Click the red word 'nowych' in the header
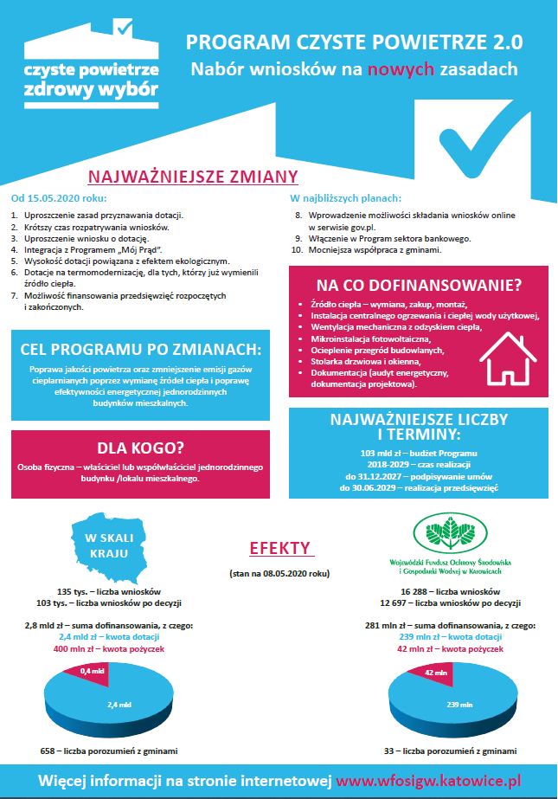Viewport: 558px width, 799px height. pyautogui.click(x=396, y=68)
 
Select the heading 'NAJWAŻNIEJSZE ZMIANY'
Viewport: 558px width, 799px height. pyautogui.click(x=193, y=177)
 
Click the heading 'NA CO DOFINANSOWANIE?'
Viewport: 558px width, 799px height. pyautogui.click(x=419, y=284)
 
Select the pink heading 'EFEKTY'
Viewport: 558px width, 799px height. pyautogui.click(x=279, y=548)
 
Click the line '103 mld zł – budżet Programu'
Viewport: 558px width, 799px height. pyautogui.click(x=418, y=453)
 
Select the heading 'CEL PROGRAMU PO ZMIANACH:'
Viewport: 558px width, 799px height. pyautogui.click(x=139, y=349)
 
